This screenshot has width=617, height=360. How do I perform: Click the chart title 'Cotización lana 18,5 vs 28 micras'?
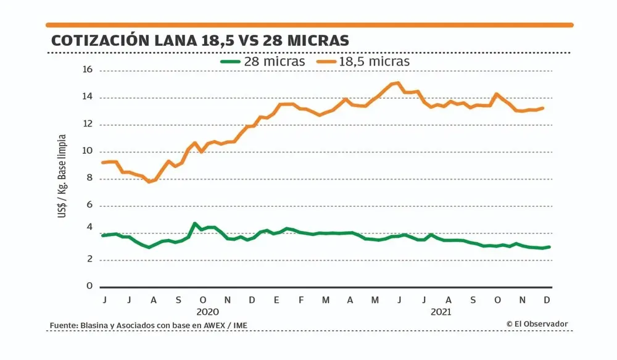tap(200, 41)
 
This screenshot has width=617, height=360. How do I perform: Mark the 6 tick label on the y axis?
tap(89, 206)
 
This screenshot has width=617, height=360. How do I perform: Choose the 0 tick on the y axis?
tap(89, 287)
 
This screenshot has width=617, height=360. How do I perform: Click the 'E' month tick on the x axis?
tap(276, 300)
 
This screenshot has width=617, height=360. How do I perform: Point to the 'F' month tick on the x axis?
tap(301, 300)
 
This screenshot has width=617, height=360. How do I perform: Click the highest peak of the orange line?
tap(399, 83)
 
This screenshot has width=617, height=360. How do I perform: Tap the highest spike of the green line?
tap(194, 224)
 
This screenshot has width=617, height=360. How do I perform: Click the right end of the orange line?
tap(542, 108)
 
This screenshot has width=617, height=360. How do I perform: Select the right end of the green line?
tap(549, 247)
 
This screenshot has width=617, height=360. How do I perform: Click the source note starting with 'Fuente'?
tap(151, 325)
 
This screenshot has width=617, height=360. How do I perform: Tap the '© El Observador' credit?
tap(536, 324)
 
